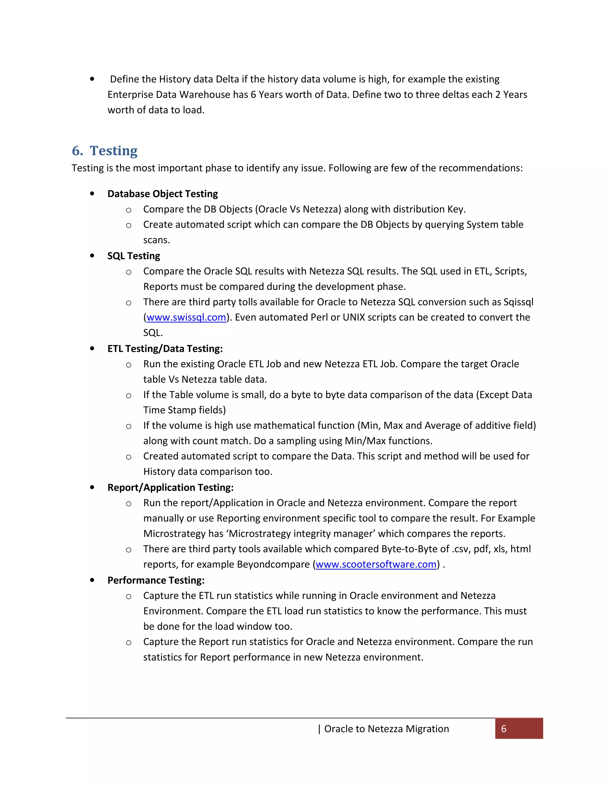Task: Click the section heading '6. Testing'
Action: (105, 151)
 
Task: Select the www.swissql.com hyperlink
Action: (186, 318)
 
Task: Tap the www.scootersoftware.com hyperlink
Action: (376, 564)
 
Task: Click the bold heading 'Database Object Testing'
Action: (162, 194)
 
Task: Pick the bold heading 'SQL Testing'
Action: (134, 256)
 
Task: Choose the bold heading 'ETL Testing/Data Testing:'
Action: (165, 349)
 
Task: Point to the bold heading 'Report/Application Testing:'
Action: (170, 487)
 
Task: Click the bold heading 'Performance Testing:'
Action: (156, 580)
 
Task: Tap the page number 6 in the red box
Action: (504, 729)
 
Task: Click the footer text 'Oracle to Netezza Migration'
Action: (386, 729)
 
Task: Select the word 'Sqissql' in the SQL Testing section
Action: (518, 302)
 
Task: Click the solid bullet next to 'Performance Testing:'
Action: (92, 580)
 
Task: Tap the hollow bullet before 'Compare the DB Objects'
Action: (128, 210)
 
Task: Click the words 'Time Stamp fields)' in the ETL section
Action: (184, 410)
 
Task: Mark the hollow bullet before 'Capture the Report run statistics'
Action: (128, 643)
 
